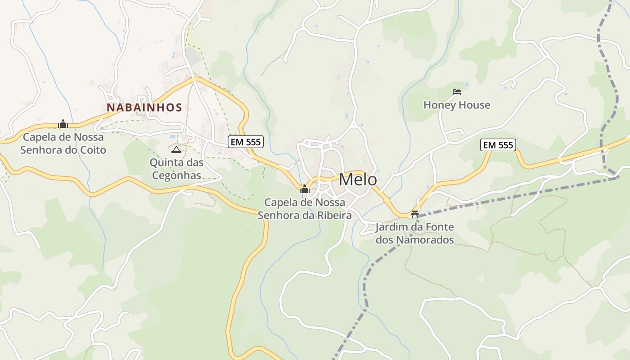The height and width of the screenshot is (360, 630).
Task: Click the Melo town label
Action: point(358,180)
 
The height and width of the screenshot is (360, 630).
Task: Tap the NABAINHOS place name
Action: point(144,108)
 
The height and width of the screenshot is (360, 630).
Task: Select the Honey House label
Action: point(457,105)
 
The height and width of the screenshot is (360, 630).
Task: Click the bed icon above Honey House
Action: point(457,92)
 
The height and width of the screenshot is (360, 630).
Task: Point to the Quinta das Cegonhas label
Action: point(176,169)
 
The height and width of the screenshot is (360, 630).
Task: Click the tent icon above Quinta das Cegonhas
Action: point(176,149)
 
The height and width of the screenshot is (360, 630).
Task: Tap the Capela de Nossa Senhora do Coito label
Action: point(63,144)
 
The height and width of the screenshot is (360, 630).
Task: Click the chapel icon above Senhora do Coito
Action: point(63,124)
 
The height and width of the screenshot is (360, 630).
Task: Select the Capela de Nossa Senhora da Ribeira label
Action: point(305,209)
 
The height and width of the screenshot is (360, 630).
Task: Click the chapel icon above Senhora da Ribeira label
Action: point(305,189)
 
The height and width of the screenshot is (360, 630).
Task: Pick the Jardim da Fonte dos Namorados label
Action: point(414,234)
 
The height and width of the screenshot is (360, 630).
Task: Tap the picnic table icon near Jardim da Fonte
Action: point(415,214)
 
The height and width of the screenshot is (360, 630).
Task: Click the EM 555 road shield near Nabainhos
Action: point(245,142)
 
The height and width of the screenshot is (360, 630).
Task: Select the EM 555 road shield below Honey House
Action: point(498,145)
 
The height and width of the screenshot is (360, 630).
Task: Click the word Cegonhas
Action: point(176,175)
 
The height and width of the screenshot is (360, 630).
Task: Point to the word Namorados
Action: point(425,240)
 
